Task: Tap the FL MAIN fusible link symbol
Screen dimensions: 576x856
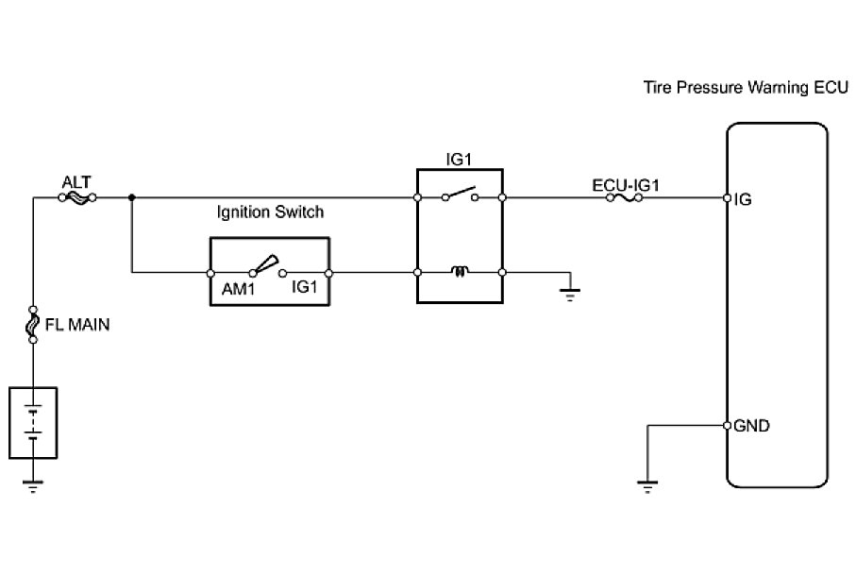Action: tap(33, 325)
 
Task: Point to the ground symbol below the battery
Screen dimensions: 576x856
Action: tap(33, 486)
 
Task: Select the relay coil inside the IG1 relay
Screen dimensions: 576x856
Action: tap(460, 273)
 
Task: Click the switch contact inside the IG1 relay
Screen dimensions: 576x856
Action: tap(460, 195)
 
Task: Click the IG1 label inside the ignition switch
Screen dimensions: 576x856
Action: tap(305, 283)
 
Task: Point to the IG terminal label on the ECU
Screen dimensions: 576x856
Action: tap(742, 199)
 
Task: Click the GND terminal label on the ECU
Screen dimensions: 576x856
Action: tap(751, 426)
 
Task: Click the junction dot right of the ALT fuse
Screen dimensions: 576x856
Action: tap(131, 198)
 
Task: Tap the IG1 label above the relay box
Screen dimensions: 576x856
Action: tap(459, 159)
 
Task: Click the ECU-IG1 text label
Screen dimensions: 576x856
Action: tap(624, 183)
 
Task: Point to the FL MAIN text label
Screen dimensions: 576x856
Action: tap(77, 326)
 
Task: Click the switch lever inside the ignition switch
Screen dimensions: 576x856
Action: tap(266, 264)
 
